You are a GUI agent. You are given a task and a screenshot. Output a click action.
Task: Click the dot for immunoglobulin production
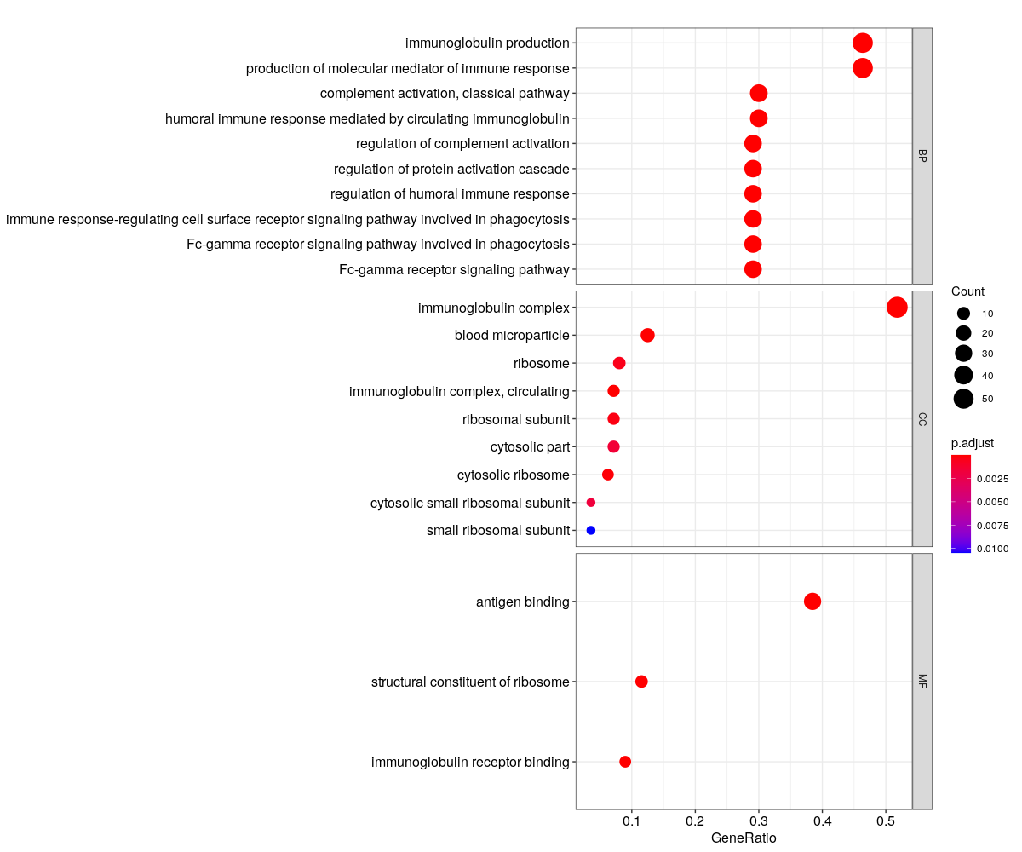pyautogui.click(x=863, y=43)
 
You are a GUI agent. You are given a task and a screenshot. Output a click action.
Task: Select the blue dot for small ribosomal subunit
pyautogui.click(x=591, y=531)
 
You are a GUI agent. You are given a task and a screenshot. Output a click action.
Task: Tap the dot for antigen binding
pyautogui.click(x=812, y=602)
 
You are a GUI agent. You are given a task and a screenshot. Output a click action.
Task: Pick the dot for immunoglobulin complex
pyautogui.click(x=897, y=307)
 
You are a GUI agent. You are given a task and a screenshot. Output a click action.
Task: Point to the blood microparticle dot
pyautogui.click(x=647, y=335)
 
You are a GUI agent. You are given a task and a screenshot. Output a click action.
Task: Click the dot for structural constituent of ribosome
pyautogui.click(x=641, y=682)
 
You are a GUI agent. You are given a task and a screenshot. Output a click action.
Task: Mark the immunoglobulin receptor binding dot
pyautogui.click(x=625, y=762)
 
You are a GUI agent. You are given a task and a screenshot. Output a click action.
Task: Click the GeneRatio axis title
pyautogui.click(x=744, y=838)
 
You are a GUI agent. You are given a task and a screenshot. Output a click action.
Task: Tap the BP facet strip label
pyautogui.click(x=922, y=155)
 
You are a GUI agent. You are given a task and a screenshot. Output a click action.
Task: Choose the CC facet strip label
pyautogui.click(x=922, y=418)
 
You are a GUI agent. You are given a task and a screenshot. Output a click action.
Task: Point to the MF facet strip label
pyautogui.click(x=922, y=681)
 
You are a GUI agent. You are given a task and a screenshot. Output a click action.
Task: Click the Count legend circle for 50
pyautogui.click(x=963, y=398)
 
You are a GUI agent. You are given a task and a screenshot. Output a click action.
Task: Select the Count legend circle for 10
pyautogui.click(x=963, y=314)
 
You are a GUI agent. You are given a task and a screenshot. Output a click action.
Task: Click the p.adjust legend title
pyautogui.click(x=973, y=443)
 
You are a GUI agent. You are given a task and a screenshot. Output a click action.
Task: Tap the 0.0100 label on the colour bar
pyautogui.click(x=992, y=549)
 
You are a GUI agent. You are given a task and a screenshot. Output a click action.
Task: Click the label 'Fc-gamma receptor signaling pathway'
pyautogui.click(x=454, y=270)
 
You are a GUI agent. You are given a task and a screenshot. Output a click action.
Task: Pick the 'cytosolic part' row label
pyautogui.click(x=530, y=446)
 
